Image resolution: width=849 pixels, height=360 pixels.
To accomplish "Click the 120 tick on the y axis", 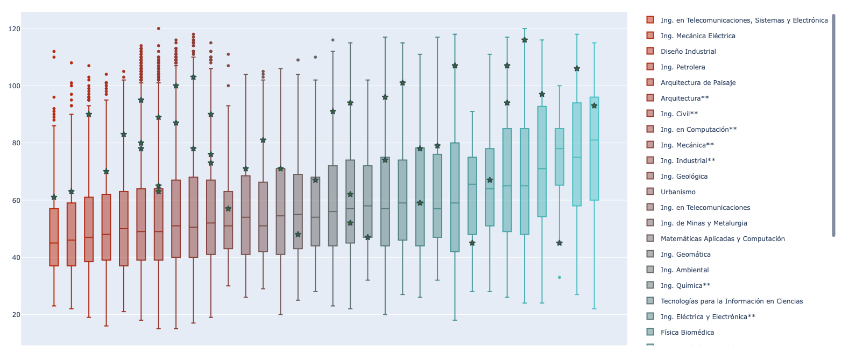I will click(14, 29).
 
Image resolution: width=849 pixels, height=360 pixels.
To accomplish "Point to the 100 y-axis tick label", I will click(14, 86).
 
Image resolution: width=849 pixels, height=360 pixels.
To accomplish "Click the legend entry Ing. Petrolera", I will click(682, 67).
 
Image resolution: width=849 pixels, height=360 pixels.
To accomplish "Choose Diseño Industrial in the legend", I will click(688, 52).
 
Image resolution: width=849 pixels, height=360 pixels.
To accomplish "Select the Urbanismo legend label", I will click(677, 192).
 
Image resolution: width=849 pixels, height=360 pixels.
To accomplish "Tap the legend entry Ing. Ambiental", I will click(684, 270).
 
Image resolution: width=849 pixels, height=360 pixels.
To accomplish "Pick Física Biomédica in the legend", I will click(687, 333).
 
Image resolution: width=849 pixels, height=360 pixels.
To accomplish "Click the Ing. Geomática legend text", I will click(685, 255).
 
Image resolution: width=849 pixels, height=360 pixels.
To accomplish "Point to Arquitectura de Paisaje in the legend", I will click(698, 83).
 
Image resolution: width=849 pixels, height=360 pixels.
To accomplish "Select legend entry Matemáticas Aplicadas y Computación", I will click(722, 239).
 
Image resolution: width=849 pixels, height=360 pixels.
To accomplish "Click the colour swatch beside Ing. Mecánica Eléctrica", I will click(650, 36).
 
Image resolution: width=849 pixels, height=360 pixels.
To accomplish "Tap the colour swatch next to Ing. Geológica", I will click(650, 176).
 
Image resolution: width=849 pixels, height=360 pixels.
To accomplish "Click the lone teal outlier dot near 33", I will click(560, 277).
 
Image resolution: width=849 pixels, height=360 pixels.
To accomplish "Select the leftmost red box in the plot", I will click(54, 237).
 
